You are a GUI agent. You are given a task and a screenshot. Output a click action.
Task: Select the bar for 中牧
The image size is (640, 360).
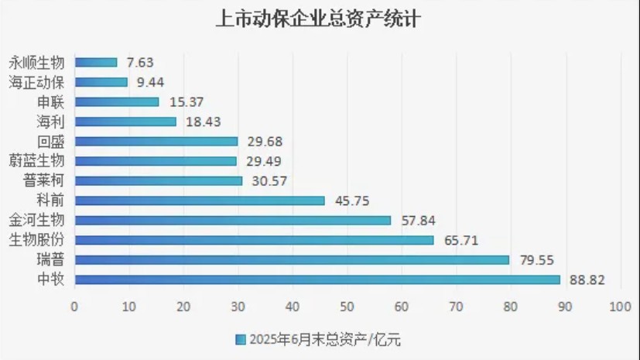point(317,279)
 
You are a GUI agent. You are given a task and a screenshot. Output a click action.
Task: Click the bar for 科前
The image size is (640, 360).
point(199,201)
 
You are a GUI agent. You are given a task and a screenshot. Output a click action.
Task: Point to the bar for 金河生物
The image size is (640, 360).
point(232,221)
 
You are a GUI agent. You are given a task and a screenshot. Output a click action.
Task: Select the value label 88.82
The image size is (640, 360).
point(586,279)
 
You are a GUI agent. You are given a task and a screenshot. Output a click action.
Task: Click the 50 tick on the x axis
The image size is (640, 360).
point(347,307)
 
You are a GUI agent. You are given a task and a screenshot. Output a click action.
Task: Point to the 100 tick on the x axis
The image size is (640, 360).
point(620,307)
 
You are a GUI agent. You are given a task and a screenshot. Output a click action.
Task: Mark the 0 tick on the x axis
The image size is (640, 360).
point(74,307)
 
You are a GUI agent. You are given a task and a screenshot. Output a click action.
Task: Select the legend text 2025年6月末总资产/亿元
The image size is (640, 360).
point(325,339)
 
